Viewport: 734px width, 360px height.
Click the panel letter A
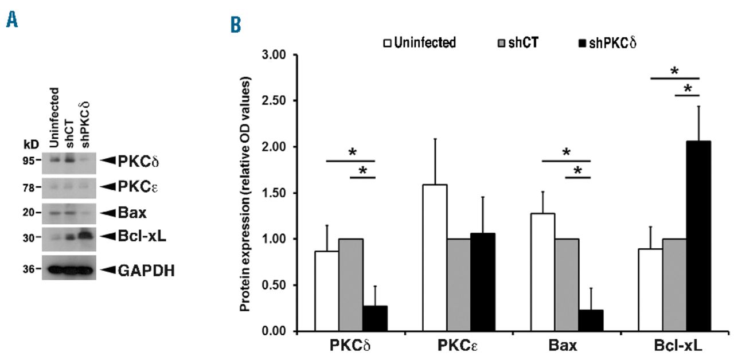tap(11, 22)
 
